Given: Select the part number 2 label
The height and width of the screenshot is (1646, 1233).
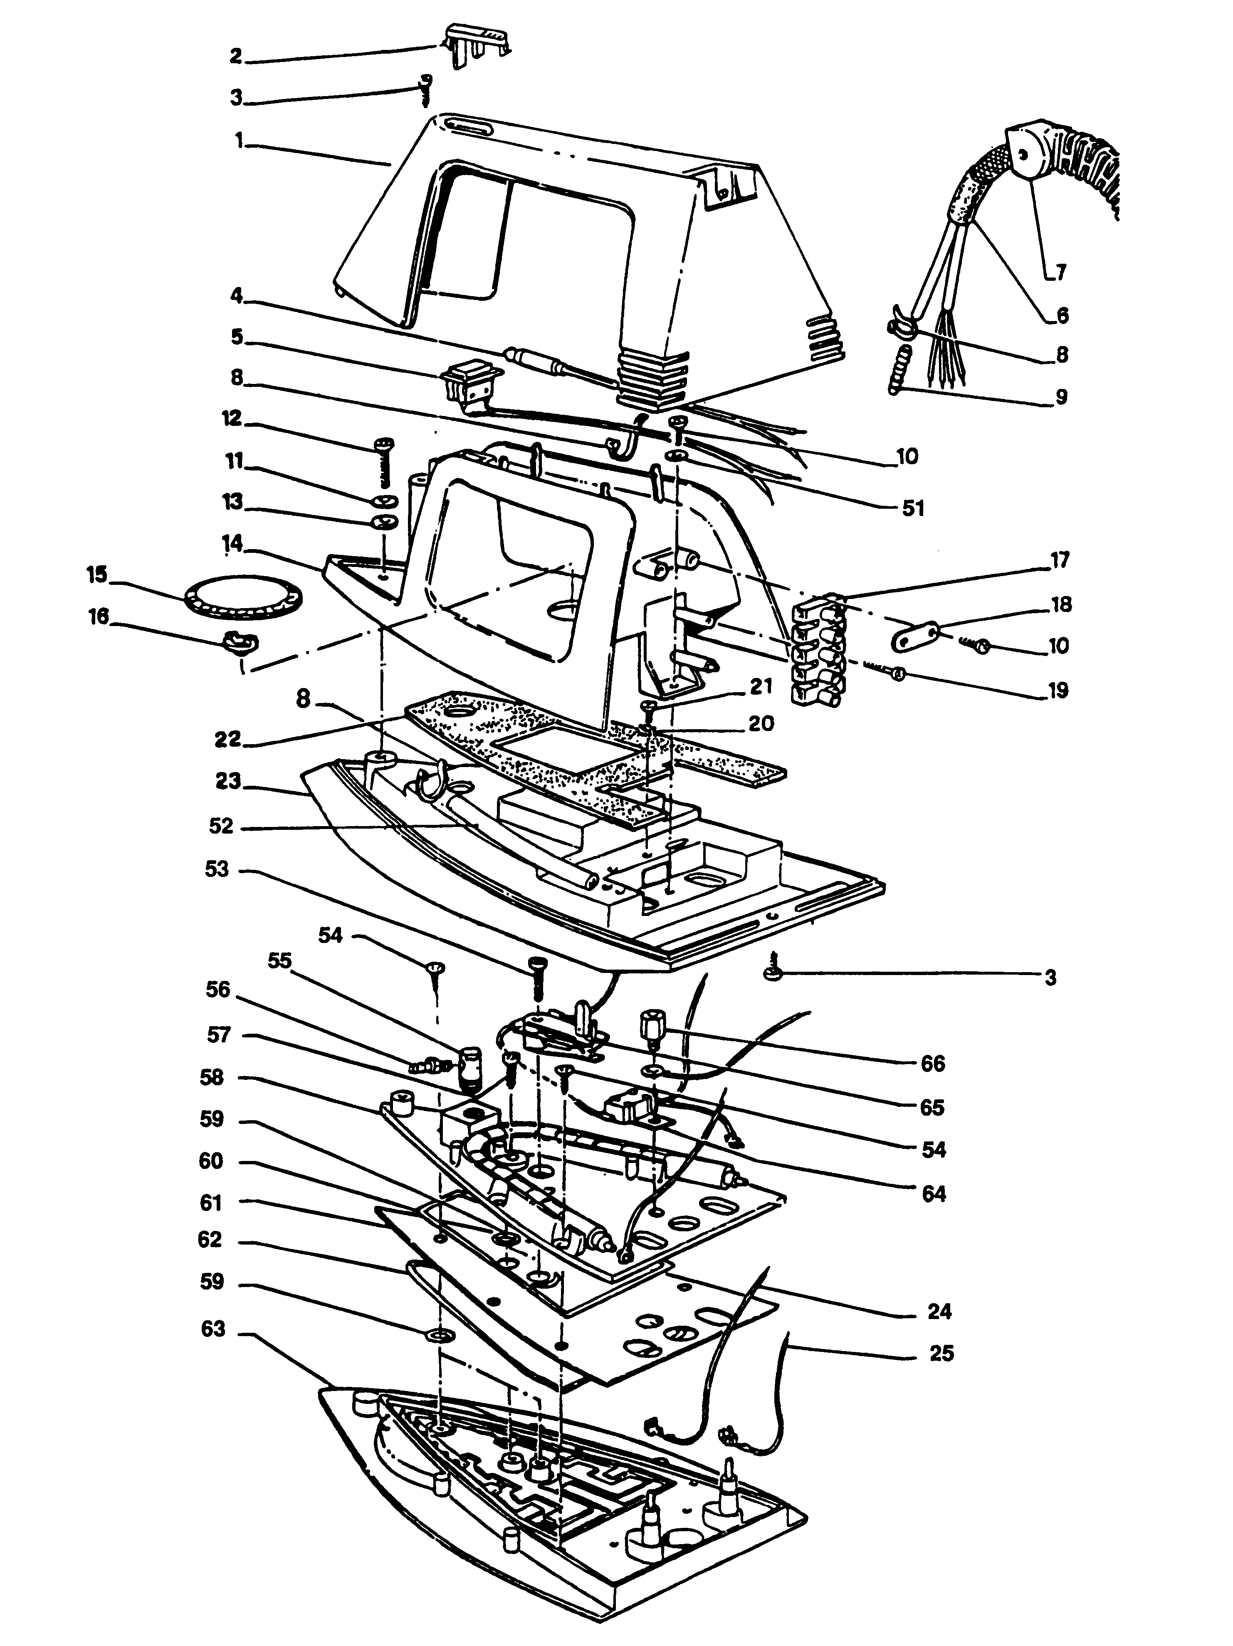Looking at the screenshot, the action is click(x=236, y=56).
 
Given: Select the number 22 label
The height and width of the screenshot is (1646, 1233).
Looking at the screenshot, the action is click(x=228, y=738).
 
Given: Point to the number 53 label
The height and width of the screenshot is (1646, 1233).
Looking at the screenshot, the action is click(x=217, y=869).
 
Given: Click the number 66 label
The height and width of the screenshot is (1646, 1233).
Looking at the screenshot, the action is click(x=932, y=1063).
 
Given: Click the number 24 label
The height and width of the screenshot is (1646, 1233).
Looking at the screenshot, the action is click(x=939, y=1311).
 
